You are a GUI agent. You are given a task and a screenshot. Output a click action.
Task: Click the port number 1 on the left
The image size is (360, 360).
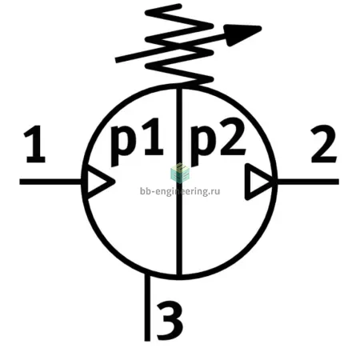click(x=35, y=144)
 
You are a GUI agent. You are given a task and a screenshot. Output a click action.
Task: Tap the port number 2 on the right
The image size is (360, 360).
click(x=324, y=144)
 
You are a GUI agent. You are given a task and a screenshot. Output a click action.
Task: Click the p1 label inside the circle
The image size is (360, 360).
click(x=137, y=142)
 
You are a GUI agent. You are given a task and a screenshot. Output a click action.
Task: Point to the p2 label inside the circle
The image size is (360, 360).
click(x=218, y=142)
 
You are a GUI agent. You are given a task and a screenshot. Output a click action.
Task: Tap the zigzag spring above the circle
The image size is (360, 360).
click(x=179, y=44)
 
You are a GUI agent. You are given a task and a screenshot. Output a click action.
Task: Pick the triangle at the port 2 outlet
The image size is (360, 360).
click(x=258, y=182)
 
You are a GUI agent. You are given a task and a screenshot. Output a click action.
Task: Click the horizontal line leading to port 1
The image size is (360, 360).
click(x=50, y=182)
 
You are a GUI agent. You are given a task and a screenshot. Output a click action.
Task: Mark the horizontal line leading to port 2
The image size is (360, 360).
click(x=308, y=182)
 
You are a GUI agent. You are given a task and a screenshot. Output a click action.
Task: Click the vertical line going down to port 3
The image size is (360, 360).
click(x=147, y=307)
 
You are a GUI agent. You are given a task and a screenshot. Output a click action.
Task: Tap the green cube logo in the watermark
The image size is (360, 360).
click(x=180, y=173)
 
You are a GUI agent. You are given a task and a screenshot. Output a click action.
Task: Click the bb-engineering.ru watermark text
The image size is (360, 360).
click(x=180, y=191)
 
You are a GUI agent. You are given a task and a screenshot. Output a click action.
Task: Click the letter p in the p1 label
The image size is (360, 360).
click(x=122, y=146)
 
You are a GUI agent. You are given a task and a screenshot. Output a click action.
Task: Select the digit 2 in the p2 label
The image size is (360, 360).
click(x=232, y=137)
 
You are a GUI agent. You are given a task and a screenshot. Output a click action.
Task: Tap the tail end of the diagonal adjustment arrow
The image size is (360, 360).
click(x=116, y=60)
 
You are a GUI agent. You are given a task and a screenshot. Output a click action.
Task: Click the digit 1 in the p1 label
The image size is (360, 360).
click(x=153, y=137)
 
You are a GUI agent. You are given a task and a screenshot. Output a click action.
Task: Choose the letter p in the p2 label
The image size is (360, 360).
click(x=202, y=146)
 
